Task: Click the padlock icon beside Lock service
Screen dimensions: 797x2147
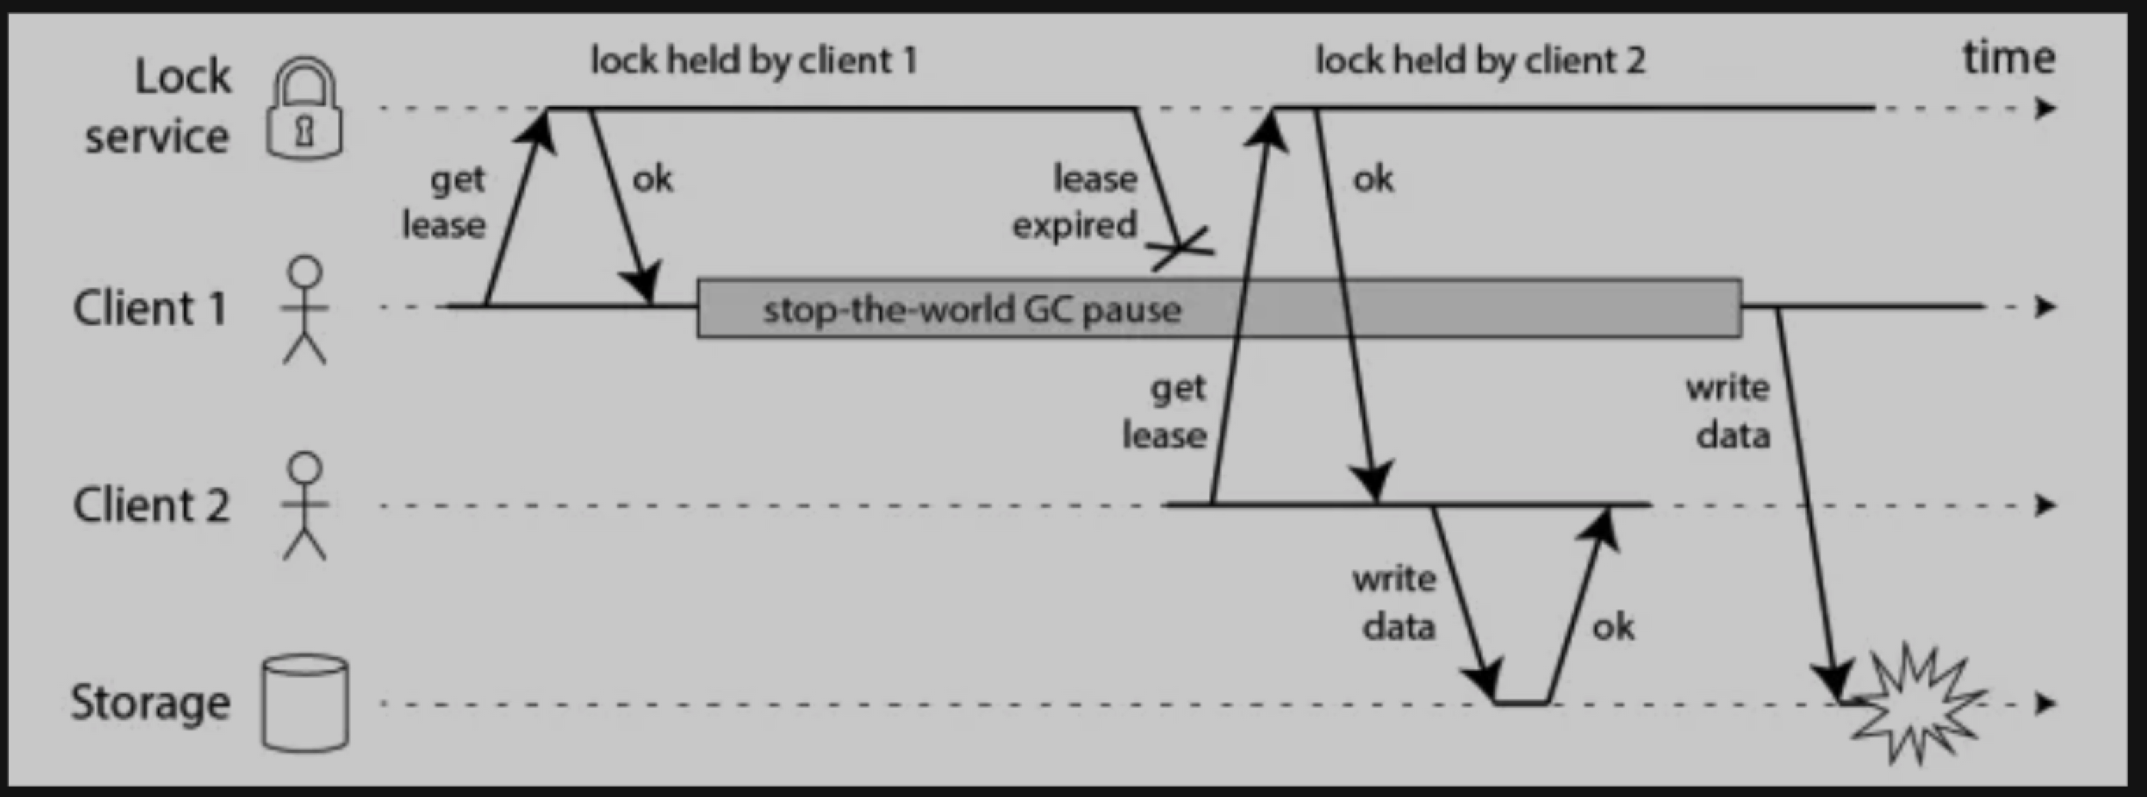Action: [303, 110]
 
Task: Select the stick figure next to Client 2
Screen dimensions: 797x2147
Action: [304, 506]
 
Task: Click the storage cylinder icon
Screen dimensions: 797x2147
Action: [305, 702]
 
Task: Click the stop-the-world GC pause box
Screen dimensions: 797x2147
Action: [1218, 308]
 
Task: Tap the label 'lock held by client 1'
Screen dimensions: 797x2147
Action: [754, 61]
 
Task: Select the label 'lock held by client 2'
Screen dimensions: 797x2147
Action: [1480, 61]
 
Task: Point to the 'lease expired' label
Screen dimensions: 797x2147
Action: [1076, 201]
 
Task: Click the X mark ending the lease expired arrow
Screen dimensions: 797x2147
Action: [1181, 247]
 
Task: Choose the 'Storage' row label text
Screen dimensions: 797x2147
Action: [151, 702]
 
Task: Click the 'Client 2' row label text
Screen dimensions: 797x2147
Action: [151, 505]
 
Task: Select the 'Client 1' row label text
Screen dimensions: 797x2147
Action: [151, 308]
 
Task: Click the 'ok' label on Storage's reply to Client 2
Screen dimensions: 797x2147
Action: [1612, 627]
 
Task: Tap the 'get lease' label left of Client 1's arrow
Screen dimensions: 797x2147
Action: [445, 202]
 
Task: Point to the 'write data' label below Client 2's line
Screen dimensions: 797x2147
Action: [1396, 603]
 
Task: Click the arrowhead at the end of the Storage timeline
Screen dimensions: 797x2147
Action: [2045, 703]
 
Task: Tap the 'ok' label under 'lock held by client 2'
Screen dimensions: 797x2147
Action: [1372, 180]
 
